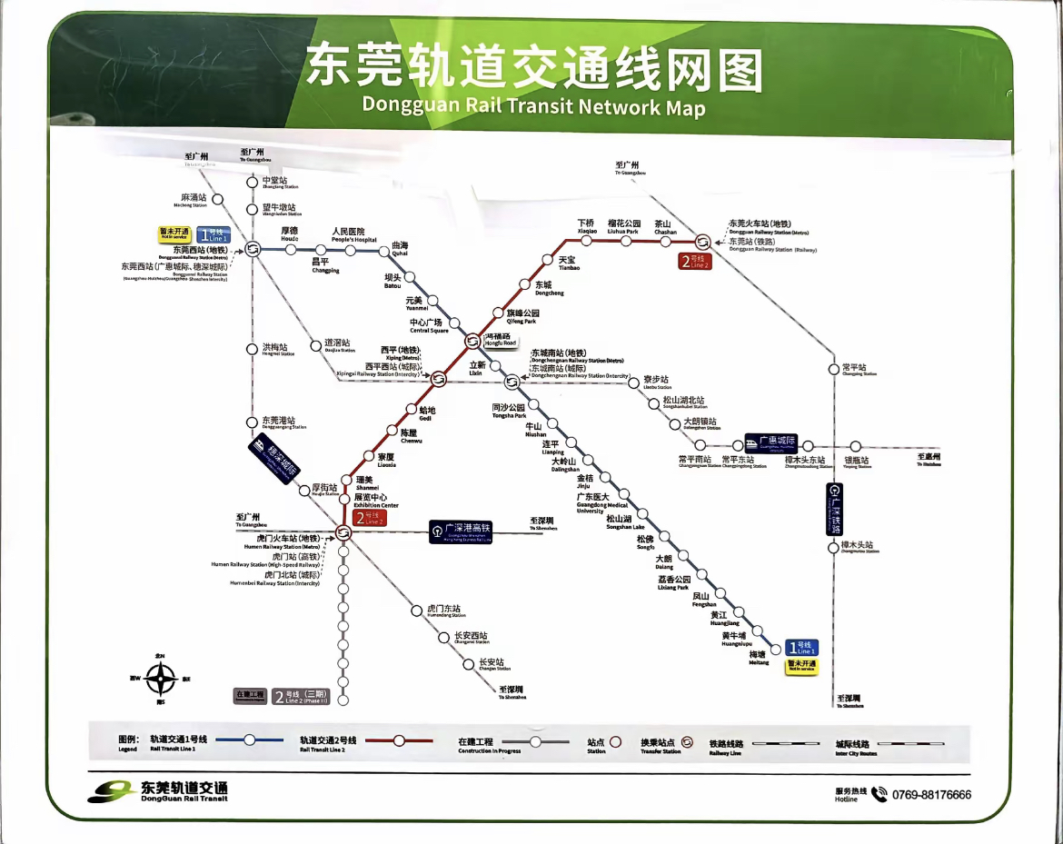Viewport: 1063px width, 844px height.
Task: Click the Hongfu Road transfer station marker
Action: coord(472,341)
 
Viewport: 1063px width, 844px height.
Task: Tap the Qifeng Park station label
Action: coord(522,316)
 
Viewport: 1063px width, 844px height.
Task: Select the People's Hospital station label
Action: coord(353,235)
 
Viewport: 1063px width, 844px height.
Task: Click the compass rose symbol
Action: coord(162,678)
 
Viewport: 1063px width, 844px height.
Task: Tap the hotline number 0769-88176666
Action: coord(931,795)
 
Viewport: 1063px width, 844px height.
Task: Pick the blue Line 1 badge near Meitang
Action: coord(801,647)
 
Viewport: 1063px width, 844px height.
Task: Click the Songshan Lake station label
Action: coord(625,521)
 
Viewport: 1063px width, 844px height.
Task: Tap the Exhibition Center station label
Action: coord(375,501)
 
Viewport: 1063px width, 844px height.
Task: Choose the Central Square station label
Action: coord(425,325)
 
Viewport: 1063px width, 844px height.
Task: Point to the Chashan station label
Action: coord(665,227)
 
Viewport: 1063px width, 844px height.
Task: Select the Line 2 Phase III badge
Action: coord(300,698)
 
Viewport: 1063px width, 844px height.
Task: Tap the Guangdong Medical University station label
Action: coord(601,502)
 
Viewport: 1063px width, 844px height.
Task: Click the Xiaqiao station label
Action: coord(588,227)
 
